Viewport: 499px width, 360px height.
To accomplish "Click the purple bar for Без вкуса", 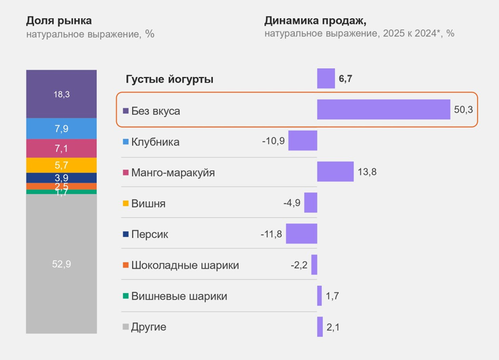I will pos(383,109).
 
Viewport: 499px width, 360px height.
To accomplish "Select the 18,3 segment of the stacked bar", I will pos(61,94).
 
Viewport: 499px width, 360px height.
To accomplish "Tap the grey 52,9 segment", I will pos(61,264).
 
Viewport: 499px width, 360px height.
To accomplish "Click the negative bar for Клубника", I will pos(303,141).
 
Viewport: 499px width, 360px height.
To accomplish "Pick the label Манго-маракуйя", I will pos(173,173).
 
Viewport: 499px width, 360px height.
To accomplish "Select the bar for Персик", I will pos(302,234).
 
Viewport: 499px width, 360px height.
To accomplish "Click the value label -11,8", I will pos(271,234).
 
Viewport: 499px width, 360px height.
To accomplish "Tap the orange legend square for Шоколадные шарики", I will pos(126,266).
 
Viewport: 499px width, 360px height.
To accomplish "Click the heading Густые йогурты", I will pos(169,79).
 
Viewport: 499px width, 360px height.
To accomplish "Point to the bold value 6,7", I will pos(346,79).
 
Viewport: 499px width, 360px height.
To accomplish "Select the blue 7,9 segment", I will pos(61,129).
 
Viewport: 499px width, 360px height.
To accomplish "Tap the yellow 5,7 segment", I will pos(61,165).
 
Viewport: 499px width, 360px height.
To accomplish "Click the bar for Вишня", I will pos(311,202).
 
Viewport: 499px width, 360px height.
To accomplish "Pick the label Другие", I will pos(148,327).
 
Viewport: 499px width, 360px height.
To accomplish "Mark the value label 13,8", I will pos(367,172).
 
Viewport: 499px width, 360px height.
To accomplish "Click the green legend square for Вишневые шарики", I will pos(126,297).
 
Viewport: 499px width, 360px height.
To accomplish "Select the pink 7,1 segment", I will pos(61,148).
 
